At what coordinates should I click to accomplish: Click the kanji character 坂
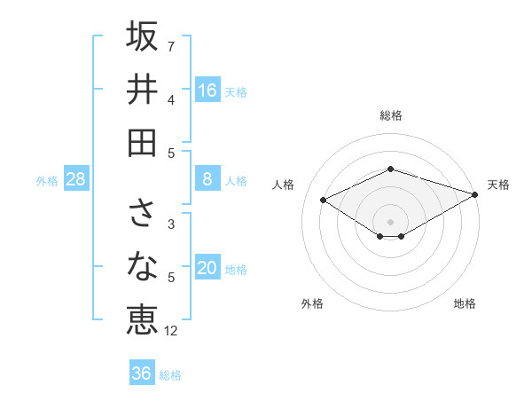(x=142, y=38)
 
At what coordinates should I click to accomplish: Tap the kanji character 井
(x=142, y=90)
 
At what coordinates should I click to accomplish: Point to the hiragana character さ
(x=142, y=213)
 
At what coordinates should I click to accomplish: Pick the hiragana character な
(x=142, y=265)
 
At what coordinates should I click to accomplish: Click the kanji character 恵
(x=142, y=318)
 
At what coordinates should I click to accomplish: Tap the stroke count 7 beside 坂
(x=170, y=46)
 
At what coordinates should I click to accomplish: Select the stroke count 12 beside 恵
(x=171, y=330)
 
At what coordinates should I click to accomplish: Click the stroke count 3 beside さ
(x=170, y=224)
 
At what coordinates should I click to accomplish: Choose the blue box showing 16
(x=207, y=90)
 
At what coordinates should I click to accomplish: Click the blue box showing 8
(x=207, y=179)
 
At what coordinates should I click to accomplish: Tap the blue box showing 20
(x=207, y=269)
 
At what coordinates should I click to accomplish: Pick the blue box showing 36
(x=142, y=374)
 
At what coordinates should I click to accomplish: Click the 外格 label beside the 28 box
(x=47, y=181)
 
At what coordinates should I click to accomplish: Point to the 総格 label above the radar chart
(x=391, y=115)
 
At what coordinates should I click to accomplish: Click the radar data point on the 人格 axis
(x=324, y=199)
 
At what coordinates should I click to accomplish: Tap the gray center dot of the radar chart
(x=391, y=221)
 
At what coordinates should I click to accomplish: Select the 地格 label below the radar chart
(x=465, y=303)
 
